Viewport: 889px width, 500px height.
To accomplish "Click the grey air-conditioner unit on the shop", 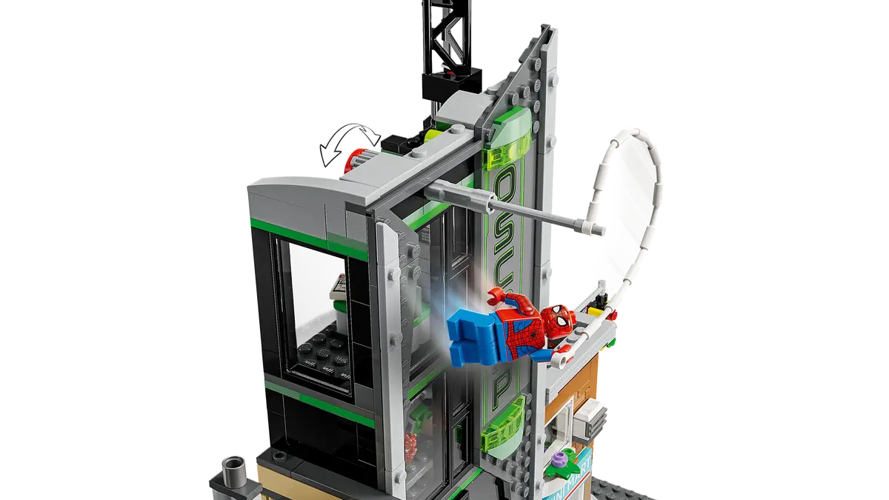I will pyautogui.click(x=593, y=418).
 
